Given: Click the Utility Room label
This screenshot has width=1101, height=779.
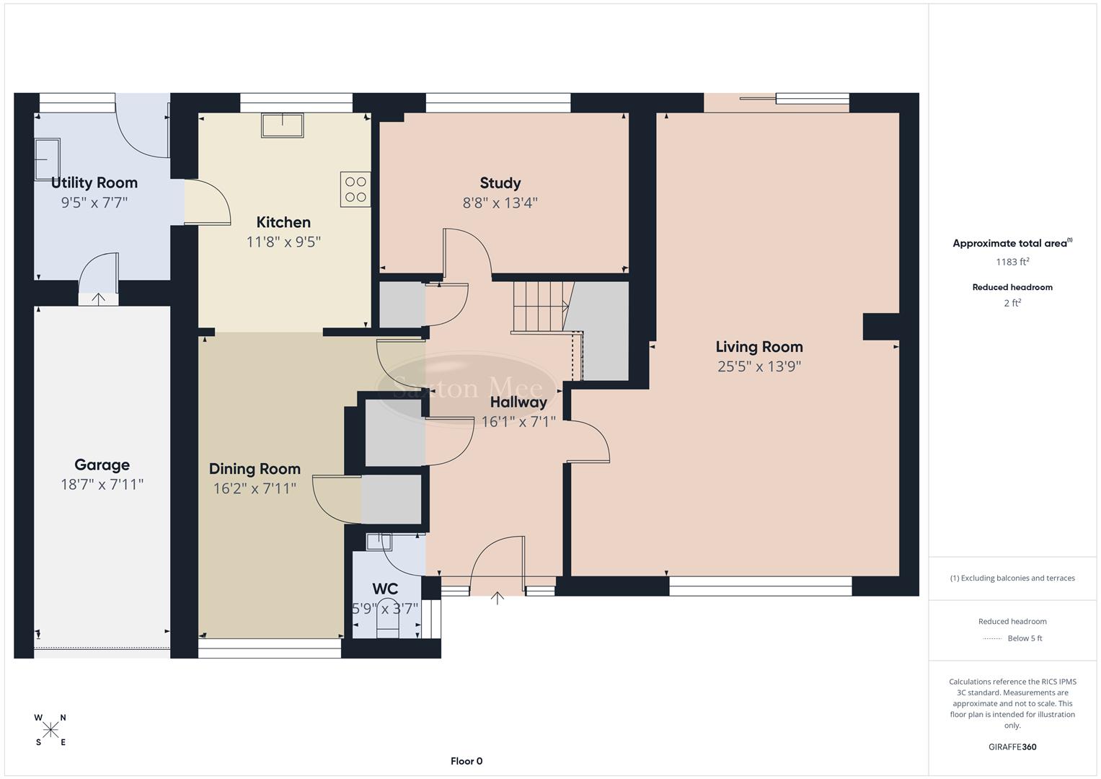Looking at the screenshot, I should click(94, 182).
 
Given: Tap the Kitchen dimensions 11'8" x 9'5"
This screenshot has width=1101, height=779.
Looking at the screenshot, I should click(283, 242).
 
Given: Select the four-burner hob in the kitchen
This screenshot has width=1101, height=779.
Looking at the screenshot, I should click(355, 189).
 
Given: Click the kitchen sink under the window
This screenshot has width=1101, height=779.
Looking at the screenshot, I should click(283, 125).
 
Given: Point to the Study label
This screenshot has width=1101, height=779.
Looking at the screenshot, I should click(500, 183).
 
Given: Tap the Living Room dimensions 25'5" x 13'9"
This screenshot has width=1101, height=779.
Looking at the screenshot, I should click(759, 366).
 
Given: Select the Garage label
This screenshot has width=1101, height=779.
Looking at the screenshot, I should click(102, 465).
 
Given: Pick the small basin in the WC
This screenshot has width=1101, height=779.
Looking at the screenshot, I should click(379, 542).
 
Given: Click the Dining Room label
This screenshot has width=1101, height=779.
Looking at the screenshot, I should click(255, 469).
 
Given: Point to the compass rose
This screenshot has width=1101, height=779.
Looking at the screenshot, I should click(50, 730).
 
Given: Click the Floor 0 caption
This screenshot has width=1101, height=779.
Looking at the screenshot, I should click(467, 761).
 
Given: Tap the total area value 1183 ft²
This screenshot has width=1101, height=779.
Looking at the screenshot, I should click(1012, 262).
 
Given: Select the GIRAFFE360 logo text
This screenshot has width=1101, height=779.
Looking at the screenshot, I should click(1012, 747).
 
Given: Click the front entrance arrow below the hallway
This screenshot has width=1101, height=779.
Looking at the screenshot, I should click(498, 597).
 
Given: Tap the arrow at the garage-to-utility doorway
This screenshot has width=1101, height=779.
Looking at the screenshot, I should click(98, 298).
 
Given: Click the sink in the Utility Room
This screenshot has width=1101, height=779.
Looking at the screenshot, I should click(48, 158).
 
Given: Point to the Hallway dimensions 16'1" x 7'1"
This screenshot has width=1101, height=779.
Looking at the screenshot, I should click(518, 422).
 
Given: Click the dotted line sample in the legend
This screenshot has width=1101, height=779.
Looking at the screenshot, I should click(992, 638).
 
